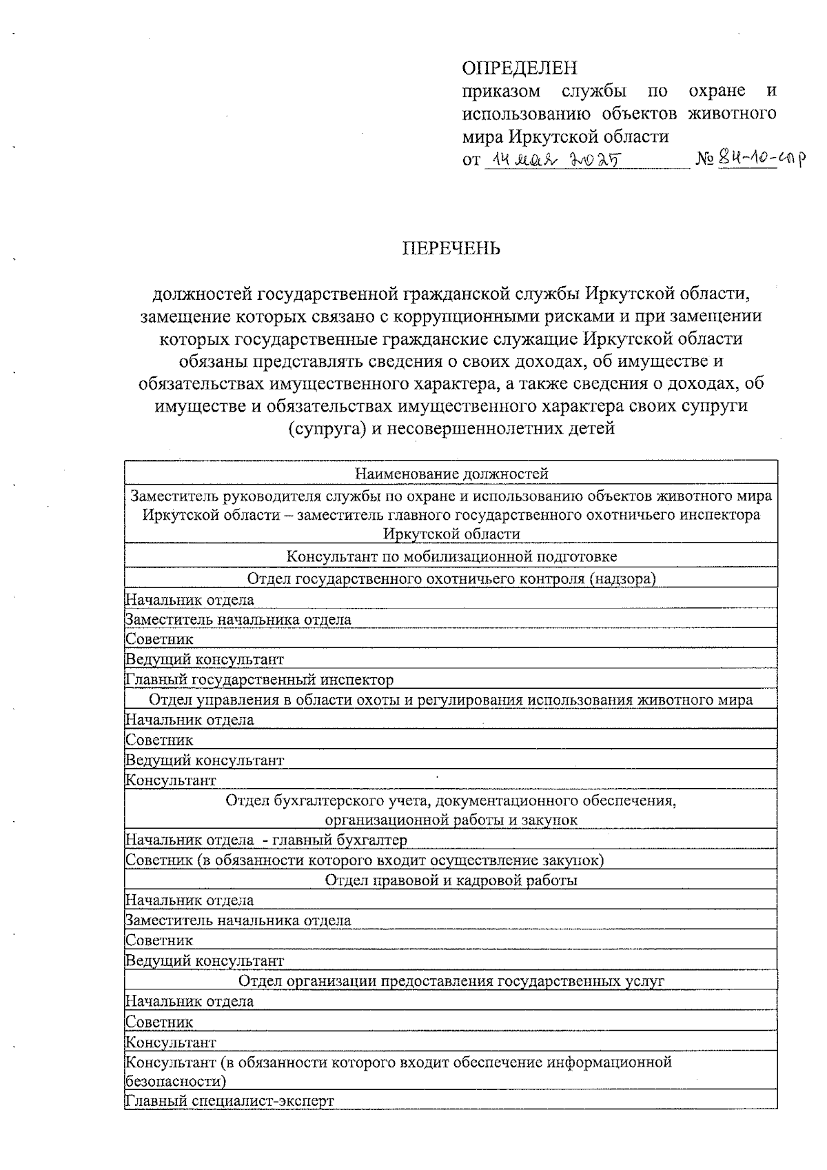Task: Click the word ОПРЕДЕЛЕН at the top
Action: tap(519, 68)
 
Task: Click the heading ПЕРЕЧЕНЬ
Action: tap(451, 248)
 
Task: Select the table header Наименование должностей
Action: tap(451, 474)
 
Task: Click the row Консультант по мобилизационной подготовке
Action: tap(451, 556)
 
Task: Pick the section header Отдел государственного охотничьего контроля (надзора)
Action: tap(451, 578)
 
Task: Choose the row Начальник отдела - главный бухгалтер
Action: tap(266, 840)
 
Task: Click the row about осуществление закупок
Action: tap(365, 860)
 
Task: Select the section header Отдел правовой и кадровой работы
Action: tap(451, 880)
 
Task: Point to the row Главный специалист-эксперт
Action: tap(229, 1100)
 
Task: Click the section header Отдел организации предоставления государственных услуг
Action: tap(451, 980)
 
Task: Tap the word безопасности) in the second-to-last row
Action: tap(176, 1080)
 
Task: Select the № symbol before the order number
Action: tap(704, 160)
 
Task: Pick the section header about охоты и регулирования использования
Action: tap(451, 700)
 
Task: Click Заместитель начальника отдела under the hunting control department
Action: tap(238, 619)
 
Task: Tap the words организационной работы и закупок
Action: tap(451, 820)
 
